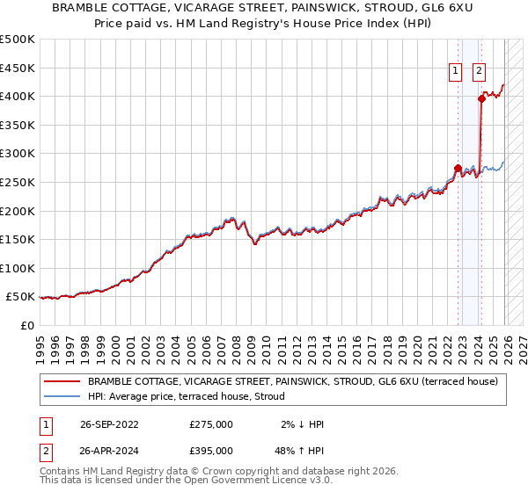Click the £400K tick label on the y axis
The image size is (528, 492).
[x=18, y=96]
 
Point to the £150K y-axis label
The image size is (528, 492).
[x=18, y=239]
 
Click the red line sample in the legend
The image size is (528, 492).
[x=62, y=381]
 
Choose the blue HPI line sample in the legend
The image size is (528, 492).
[x=62, y=396]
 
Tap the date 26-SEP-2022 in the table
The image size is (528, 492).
[x=109, y=424]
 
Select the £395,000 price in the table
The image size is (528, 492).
[x=211, y=451]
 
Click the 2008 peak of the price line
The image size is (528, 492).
[x=231, y=216]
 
